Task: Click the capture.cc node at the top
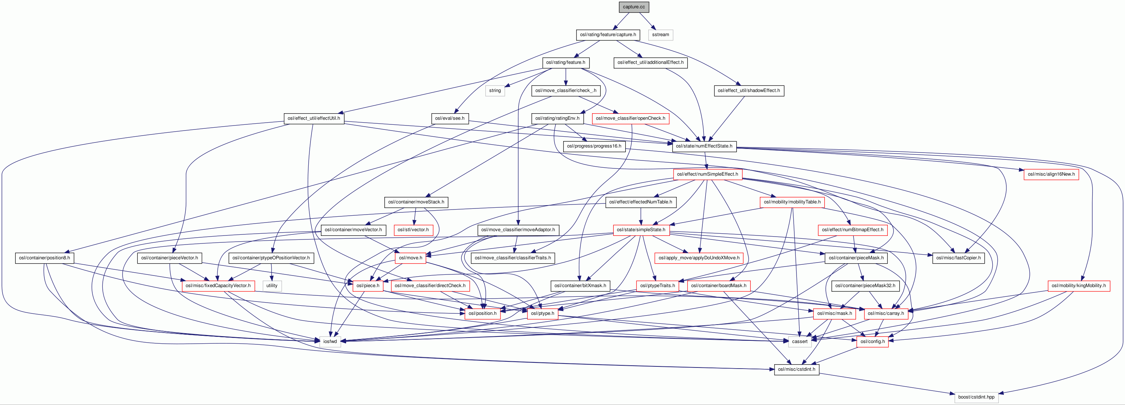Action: pos(633,7)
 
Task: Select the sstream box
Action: pos(660,35)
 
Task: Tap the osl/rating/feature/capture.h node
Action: pos(608,35)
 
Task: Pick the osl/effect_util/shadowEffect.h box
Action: pos(749,91)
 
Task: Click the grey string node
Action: pos(495,91)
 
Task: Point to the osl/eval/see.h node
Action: pos(449,118)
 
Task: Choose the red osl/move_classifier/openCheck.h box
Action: pos(630,118)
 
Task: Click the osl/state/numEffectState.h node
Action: pos(703,146)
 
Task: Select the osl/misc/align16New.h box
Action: pos(1051,174)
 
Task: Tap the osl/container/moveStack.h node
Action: pos(416,202)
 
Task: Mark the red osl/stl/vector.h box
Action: pos(413,230)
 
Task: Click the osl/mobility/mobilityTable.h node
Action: pos(792,202)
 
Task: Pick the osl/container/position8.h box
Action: pos(44,258)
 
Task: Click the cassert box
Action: pos(800,342)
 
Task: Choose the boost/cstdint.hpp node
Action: pos(976,397)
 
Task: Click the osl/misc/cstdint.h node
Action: pos(796,369)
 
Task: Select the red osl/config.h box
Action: pos(872,342)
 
